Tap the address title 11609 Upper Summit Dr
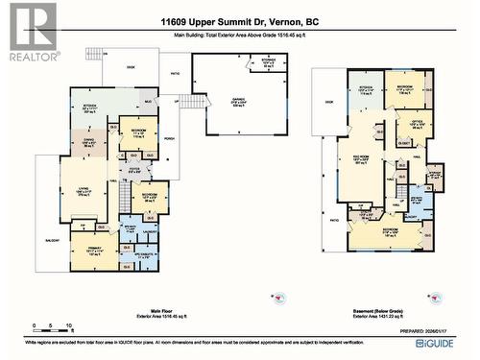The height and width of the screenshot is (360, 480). click(x=240, y=23)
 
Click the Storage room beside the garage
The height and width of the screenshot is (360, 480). click(x=270, y=65)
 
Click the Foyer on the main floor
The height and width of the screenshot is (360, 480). click(x=134, y=173)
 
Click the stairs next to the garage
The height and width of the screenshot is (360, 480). click(x=197, y=102)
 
